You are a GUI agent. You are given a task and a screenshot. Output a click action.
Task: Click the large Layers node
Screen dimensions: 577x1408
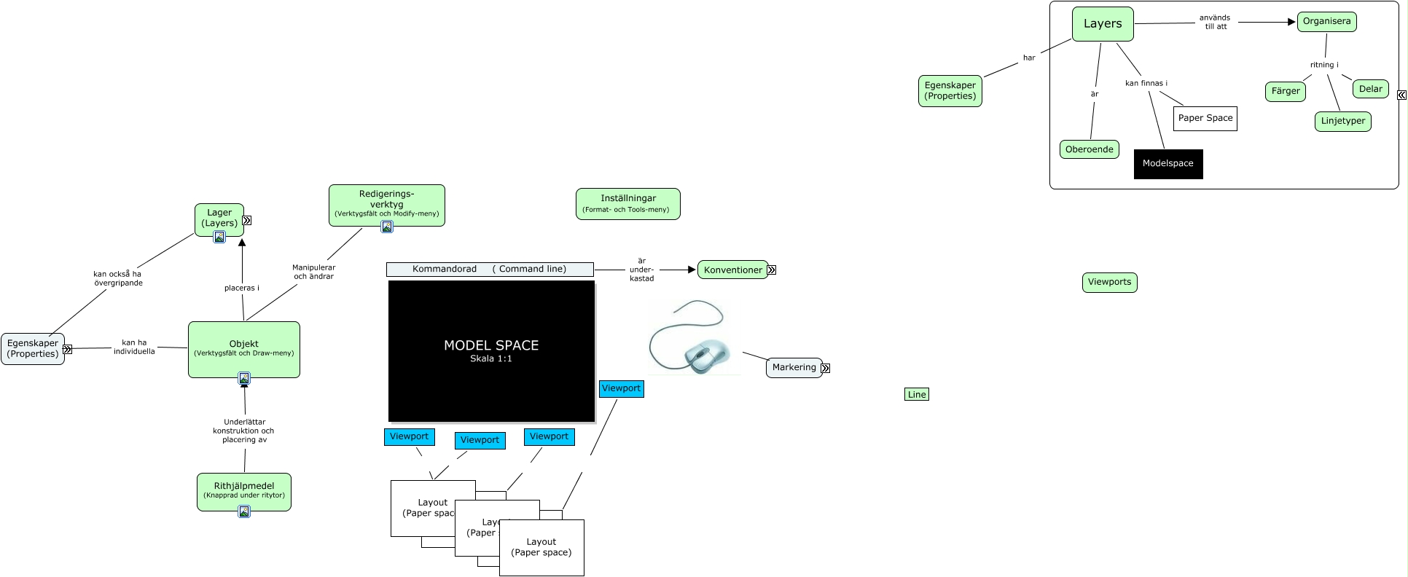tap(1102, 24)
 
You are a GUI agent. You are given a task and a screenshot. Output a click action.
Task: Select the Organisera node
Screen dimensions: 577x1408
tap(1326, 22)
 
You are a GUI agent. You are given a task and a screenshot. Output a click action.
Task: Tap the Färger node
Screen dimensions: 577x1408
tap(1286, 91)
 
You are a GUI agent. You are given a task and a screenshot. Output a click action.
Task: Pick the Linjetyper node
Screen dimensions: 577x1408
tap(1342, 121)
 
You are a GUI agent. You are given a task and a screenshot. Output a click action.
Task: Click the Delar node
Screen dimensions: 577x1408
tap(1370, 89)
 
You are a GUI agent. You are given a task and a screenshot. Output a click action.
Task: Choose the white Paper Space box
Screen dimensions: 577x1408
tap(1205, 118)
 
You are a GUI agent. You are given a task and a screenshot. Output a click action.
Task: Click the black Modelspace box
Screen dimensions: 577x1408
tap(1168, 164)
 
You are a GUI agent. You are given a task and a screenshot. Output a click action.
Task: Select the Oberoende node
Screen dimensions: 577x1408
tap(1089, 149)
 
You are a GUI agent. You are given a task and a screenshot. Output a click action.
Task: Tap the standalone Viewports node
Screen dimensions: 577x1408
tap(1109, 282)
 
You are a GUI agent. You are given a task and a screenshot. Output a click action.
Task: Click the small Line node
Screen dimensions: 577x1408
tap(916, 394)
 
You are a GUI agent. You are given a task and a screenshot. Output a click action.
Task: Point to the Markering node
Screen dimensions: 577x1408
tap(794, 367)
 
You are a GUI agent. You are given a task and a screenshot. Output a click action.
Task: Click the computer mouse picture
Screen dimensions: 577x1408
tap(693, 338)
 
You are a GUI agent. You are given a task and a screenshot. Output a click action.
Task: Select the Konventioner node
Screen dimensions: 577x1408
tap(732, 270)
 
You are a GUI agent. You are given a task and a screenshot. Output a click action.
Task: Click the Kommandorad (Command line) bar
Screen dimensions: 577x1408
tap(489, 269)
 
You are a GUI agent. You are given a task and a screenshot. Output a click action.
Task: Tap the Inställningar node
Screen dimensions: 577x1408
tap(627, 203)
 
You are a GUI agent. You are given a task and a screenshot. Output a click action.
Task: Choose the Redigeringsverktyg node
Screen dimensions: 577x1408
tap(386, 203)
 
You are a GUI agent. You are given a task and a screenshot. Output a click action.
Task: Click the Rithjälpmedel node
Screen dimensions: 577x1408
tap(243, 490)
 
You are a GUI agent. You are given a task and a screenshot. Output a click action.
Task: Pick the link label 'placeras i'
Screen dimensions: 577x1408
tap(241, 288)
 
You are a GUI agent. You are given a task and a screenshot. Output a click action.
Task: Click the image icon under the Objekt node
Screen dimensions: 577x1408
tap(244, 378)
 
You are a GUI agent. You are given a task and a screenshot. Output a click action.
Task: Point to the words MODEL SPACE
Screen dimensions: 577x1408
tap(491, 345)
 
